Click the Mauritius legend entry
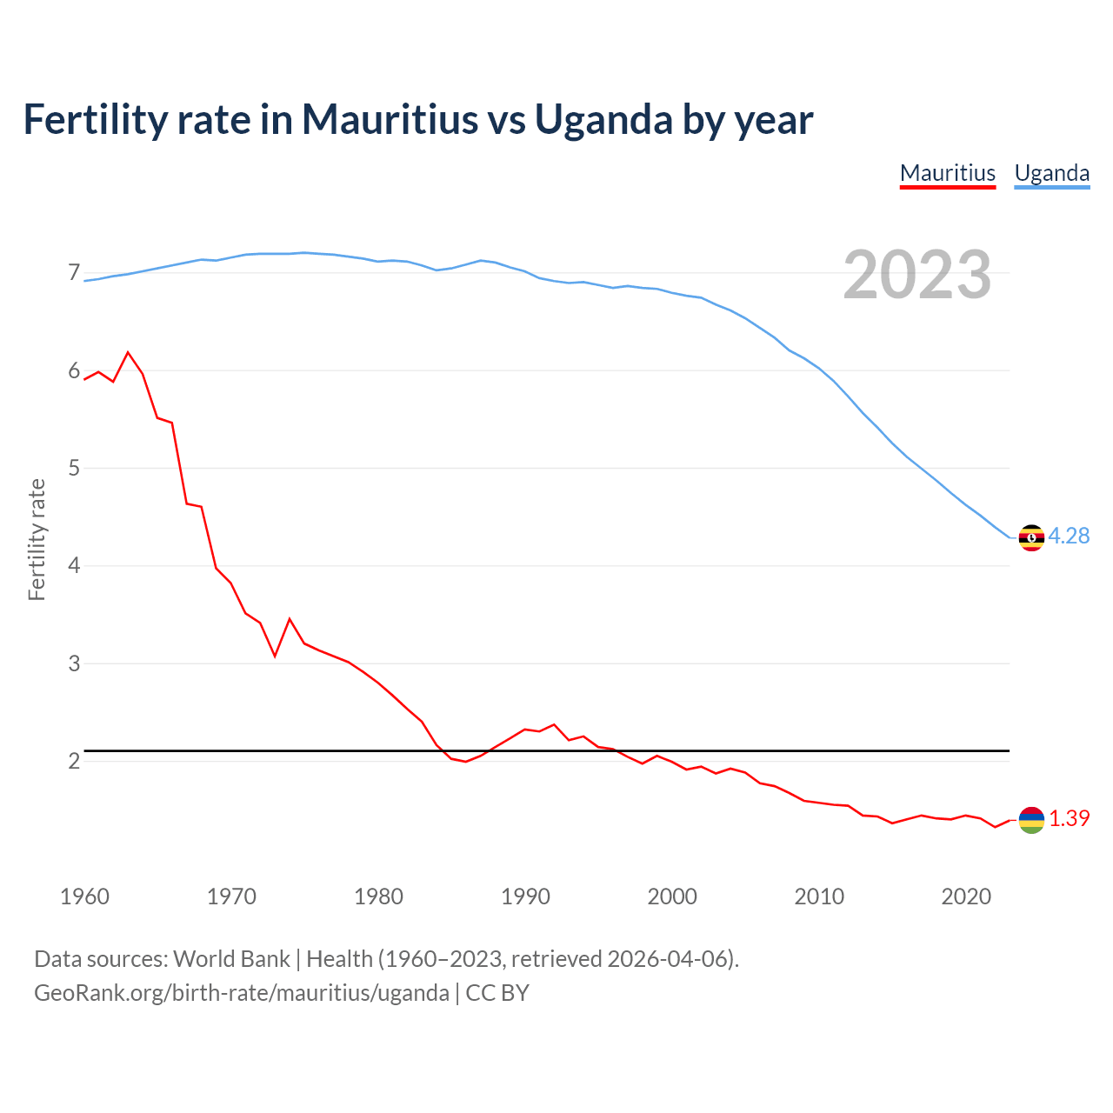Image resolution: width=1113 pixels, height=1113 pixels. [x=947, y=173]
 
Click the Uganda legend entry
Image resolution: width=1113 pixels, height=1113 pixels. [x=1051, y=173]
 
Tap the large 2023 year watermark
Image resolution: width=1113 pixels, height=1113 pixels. [x=916, y=275]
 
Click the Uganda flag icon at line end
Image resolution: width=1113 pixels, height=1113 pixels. [x=1031, y=538]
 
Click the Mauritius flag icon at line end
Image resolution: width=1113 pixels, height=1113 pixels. [x=1031, y=820]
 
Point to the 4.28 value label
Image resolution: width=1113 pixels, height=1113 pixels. [x=1069, y=537]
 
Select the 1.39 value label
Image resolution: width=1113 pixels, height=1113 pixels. [x=1069, y=819]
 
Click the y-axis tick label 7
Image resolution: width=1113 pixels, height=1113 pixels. [x=74, y=273]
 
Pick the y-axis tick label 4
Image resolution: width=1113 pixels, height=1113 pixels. [x=74, y=566]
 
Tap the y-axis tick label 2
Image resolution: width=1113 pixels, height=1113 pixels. [x=74, y=762]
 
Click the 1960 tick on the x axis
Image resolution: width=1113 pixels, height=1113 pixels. [x=84, y=896]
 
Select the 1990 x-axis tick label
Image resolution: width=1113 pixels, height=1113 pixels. [x=525, y=896]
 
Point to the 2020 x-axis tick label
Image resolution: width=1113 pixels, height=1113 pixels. [x=965, y=896]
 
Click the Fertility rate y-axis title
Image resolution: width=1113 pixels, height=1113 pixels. [x=37, y=539]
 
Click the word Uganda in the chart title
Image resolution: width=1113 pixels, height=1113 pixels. [x=603, y=119]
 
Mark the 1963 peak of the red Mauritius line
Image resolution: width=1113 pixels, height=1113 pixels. [x=129, y=352]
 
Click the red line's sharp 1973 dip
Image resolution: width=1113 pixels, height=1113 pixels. [x=275, y=656]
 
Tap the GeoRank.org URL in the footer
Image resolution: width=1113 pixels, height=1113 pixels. [x=241, y=993]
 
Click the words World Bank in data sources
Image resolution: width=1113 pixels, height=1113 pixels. [x=231, y=959]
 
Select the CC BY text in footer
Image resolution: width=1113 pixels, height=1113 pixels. [x=497, y=993]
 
